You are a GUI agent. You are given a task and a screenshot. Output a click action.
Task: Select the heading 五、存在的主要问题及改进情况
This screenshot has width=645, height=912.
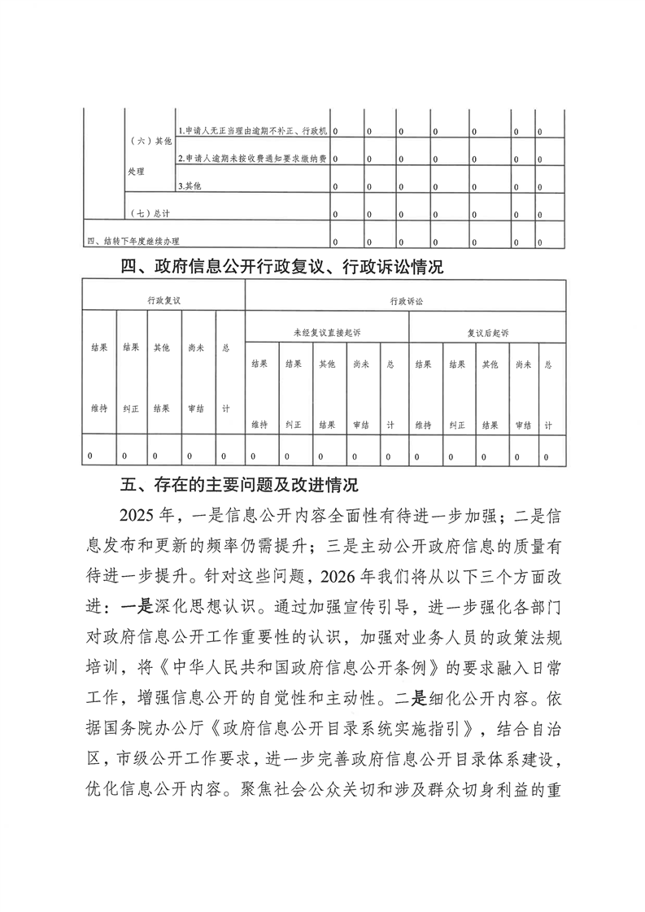[x=239, y=486]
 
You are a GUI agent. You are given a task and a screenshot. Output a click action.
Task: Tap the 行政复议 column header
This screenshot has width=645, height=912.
[x=163, y=300]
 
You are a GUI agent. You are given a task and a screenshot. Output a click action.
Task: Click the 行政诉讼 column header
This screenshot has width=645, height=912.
[x=406, y=300]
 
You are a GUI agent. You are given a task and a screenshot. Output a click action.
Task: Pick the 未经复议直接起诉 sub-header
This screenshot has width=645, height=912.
[x=327, y=333]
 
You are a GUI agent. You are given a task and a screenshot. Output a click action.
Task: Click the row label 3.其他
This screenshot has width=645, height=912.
[x=190, y=186]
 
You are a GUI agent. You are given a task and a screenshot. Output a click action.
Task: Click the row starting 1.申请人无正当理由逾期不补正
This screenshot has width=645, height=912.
[x=253, y=130]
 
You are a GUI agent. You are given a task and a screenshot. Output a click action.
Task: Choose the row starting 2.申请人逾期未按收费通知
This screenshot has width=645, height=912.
[x=253, y=159]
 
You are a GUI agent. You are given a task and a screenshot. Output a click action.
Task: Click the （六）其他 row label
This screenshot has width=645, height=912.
[x=150, y=141]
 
